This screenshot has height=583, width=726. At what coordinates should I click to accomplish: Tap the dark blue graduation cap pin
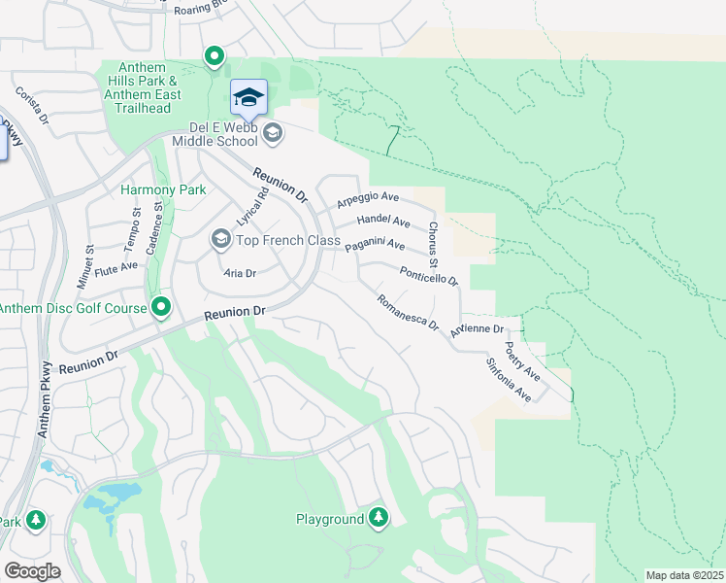coord(248,97)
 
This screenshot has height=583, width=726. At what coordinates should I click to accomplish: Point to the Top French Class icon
coord(220,239)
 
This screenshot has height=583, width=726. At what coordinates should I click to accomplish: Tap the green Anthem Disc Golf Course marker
coord(161,309)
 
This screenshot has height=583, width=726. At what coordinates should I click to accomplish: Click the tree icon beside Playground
coord(379,518)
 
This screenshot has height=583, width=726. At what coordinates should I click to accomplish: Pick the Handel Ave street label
coord(383,222)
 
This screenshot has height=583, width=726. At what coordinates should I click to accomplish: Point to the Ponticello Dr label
coord(428,273)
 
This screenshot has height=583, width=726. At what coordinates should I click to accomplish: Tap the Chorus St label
coord(434,240)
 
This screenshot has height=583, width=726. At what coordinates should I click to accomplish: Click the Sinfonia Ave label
coord(509,380)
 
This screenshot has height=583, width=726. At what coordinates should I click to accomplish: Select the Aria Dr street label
coord(238,273)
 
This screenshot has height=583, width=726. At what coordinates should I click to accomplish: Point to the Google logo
coord(32,571)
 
